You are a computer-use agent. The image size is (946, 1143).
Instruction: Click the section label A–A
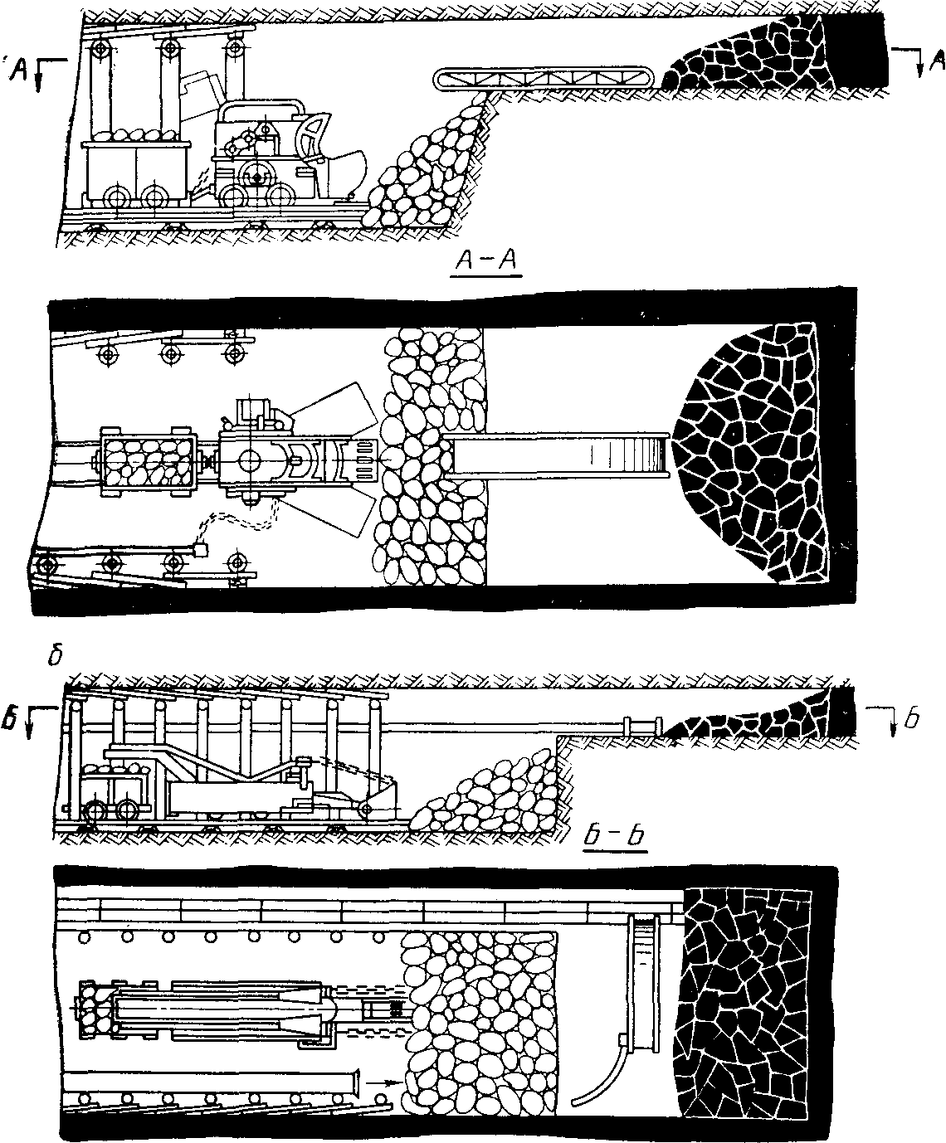pyautogui.click(x=488, y=263)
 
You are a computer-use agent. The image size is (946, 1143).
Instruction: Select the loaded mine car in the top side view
pyautogui.click(x=137, y=170)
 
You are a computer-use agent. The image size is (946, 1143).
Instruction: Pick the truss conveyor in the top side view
pyautogui.click(x=544, y=80)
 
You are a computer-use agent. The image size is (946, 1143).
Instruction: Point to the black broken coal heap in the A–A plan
pyautogui.click(x=755, y=452)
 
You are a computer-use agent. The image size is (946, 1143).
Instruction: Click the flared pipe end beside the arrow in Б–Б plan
pyautogui.click(x=355, y=1082)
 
